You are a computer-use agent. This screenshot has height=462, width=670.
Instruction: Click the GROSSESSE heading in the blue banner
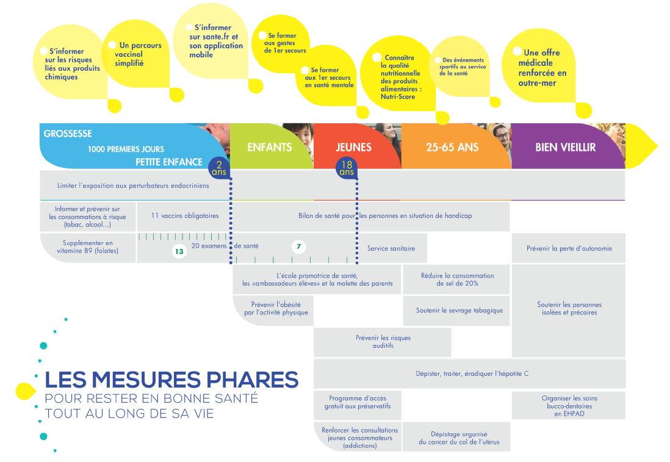[x=68, y=134]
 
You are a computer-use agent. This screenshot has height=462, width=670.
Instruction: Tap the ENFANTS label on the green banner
[x=270, y=148]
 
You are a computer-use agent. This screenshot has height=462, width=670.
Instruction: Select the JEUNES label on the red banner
[x=353, y=148]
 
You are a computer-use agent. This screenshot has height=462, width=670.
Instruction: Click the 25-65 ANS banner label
[x=452, y=148]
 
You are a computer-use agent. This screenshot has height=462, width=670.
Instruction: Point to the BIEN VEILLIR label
[x=565, y=148]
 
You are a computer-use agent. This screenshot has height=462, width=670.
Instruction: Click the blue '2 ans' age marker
[x=219, y=168]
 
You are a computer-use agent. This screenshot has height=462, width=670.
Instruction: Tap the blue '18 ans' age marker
[x=347, y=168]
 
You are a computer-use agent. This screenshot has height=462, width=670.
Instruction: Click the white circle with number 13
[x=179, y=251]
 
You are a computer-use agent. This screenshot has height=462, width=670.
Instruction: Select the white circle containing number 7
[x=298, y=246]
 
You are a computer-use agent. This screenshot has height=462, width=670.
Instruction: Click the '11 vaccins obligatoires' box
[x=185, y=216]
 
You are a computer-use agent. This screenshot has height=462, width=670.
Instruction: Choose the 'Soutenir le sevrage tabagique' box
[x=456, y=311]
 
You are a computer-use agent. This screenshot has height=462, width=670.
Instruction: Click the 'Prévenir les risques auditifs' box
[x=383, y=342]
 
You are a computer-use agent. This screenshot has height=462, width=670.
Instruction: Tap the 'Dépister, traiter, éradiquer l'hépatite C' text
[x=472, y=374]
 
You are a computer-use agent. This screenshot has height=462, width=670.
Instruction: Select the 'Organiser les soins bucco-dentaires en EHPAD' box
[x=569, y=406]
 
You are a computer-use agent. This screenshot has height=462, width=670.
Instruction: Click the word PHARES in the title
[x=253, y=380]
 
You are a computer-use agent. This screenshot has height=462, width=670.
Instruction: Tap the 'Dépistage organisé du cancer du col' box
[x=456, y=437]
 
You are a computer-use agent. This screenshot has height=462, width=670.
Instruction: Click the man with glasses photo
[x=500, y=139]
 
